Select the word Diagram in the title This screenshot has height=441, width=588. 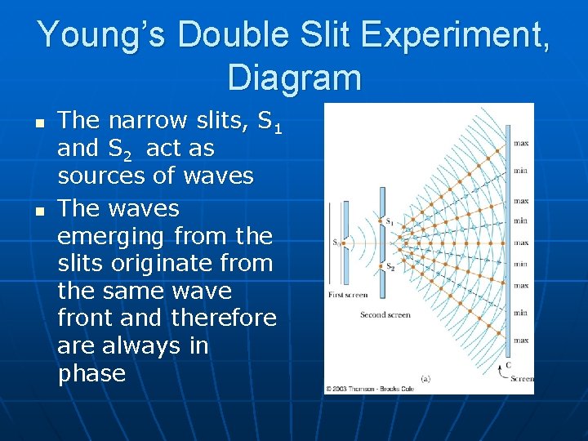(x=294, y=78)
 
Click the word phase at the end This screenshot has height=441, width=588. (x=91, y=374)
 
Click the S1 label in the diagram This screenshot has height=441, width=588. (x=390, y=222)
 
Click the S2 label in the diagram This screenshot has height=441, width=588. (x=390, y=268)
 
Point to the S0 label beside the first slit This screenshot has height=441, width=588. (x=336, y=242)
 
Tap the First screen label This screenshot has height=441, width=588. (x=347, y=295)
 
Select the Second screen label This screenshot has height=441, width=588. (x=385, y=314)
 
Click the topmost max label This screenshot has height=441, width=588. (x=521, y=144)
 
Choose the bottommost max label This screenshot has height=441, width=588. (x=521, y=340)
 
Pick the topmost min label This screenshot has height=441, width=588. (x=521, y=171)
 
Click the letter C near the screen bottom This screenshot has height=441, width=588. (x=509, y=366)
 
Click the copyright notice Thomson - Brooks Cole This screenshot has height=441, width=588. (x=369, y=389)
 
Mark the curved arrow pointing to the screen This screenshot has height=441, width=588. (x=501, y=375)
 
